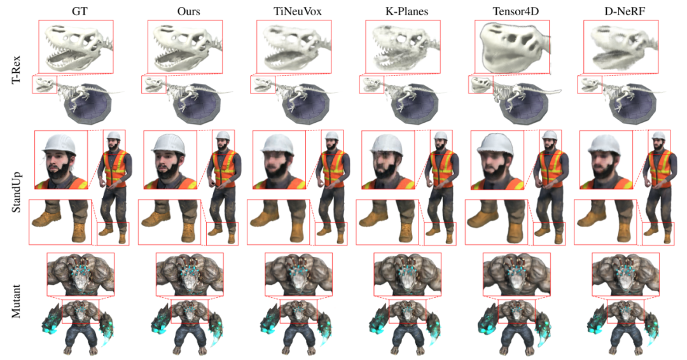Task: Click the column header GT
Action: click(x=75, y=10)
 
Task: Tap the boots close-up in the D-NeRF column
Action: click(x=604, y=222)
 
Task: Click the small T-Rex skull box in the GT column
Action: click(x=44, y=85)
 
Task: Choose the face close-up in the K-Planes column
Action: click(x=387, y=160)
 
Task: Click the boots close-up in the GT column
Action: click(x=60, y=222)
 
